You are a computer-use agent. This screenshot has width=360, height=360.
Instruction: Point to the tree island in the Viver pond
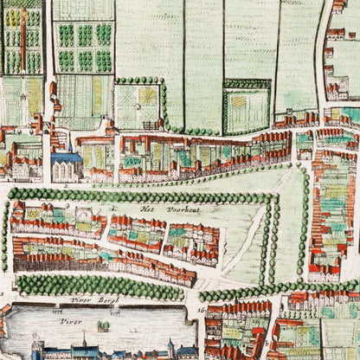point(103,325)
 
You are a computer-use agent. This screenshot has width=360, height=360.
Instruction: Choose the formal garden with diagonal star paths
point(138,106)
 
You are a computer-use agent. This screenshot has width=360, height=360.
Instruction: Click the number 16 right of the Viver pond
point(200,309)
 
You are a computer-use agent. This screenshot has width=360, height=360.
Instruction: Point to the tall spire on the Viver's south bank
point(35,345)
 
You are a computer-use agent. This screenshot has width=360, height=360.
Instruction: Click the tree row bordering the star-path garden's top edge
point(138,80)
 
